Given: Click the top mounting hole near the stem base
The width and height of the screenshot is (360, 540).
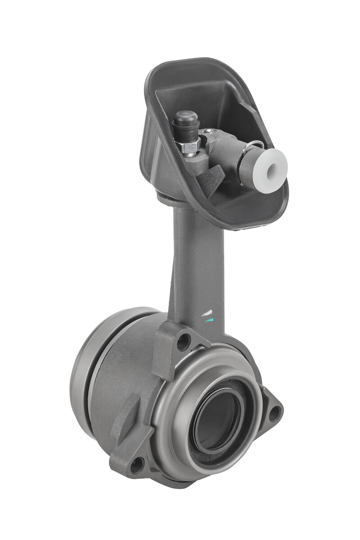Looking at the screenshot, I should point(183,342).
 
